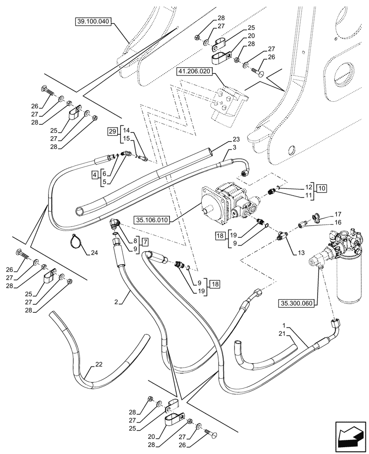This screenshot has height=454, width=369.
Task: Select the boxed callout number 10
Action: [x=321, y=188]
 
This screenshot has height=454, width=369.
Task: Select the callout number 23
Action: [x=236, y=140]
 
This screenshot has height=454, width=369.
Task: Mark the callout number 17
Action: [x=338, y=213]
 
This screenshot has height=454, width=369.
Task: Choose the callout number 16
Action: [x=338, y=222]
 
